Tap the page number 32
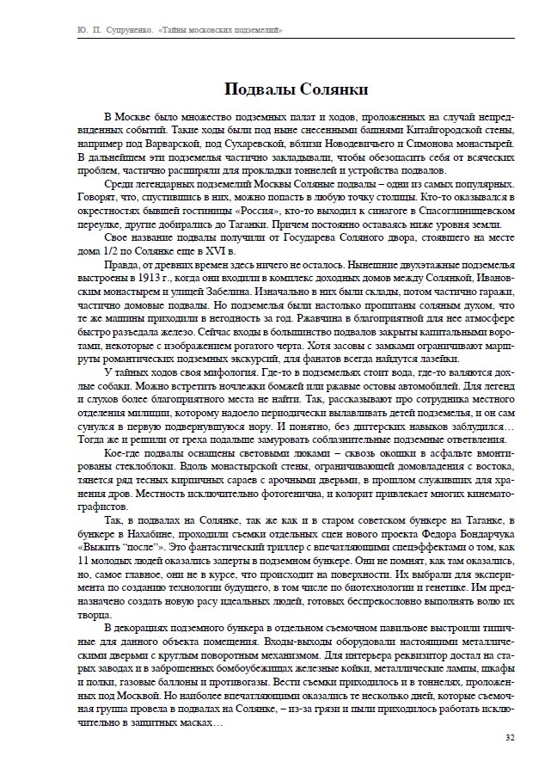[x=510, y=737]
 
